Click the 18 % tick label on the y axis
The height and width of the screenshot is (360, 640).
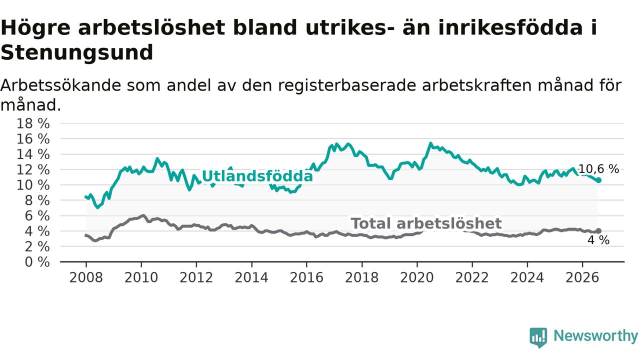coord(33,123)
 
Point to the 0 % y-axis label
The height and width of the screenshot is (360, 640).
coord(37,262)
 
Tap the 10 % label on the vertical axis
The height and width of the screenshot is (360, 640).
coord(33,185)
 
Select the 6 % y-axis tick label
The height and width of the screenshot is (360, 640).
coord(37,216)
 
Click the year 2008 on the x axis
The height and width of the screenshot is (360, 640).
coord(86,277)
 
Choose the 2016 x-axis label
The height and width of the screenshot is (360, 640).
coord(306,277)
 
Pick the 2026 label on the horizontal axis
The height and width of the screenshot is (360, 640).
coord(582,277)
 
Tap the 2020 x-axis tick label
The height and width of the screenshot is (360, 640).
coord(417,277)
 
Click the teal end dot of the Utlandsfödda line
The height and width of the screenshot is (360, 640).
coord(598,180)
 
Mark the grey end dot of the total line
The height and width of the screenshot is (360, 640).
coord(598,231)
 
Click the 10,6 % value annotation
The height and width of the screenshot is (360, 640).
coord(598,169)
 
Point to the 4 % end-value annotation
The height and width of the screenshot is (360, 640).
coord(598,240)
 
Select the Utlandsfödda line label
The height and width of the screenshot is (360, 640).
coord(257,176)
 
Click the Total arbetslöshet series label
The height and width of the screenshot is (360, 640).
coord(426,223)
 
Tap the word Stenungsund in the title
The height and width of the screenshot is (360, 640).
coord(77,52)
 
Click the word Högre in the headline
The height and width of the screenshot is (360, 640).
coord(35,28)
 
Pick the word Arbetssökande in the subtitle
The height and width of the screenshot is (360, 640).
coord(60,85)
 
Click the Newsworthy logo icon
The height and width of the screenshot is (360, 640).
coord(538,337)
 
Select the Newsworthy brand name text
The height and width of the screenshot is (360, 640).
coord(595,336)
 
